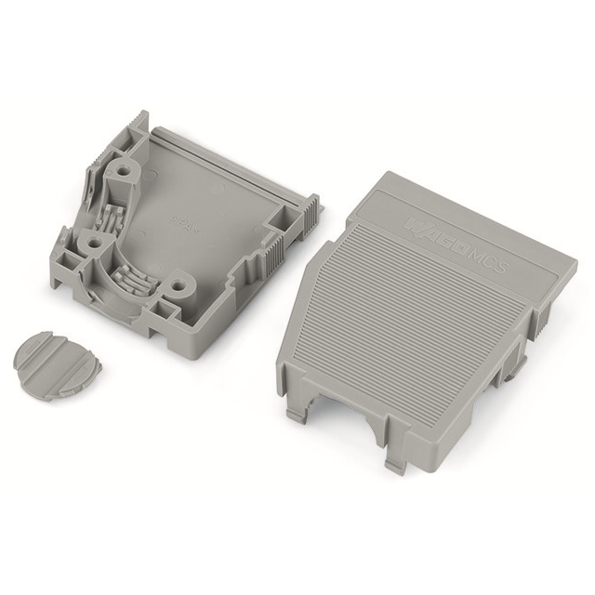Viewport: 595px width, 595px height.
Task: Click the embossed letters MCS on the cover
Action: (488, 262)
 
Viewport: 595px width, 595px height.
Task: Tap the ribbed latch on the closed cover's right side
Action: (537, 325)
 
